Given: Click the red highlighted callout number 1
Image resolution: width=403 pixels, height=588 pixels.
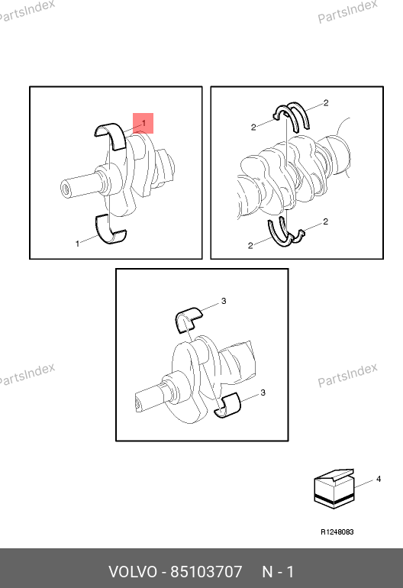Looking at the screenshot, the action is [x=143, y=123].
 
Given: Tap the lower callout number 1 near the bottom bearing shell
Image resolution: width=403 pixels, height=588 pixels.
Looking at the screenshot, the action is [x=78, y=244].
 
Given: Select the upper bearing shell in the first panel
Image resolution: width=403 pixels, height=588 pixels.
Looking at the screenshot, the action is [x=111, y=136].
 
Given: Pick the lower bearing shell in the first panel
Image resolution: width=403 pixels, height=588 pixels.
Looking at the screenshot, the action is [x=110, y=230].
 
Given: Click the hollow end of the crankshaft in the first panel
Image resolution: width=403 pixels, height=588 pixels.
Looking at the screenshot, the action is [x=66, y=189].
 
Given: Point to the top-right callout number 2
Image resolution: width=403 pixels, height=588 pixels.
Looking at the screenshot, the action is [x=326, y=103].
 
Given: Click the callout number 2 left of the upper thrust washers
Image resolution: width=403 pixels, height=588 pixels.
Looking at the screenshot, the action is [x=253, y=128].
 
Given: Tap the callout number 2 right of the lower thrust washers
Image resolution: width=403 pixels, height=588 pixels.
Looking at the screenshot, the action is [x=325, y=221].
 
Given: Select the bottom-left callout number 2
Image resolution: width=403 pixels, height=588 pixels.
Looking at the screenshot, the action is [x=250, y=246].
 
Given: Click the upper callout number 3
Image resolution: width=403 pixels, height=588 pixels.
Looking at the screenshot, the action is [x=224, y=301].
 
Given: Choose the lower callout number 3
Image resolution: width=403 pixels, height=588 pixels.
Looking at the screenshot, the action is [x=263, y=393].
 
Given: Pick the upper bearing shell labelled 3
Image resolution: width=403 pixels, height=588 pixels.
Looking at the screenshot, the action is [x=189, y=319].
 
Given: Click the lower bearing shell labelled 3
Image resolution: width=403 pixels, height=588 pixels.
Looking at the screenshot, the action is [x=227, y=405].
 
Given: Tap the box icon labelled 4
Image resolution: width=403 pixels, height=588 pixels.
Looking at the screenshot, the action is [x=334, y=489].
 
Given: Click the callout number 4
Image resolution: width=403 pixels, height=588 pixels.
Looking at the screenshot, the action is [x=379, y=479].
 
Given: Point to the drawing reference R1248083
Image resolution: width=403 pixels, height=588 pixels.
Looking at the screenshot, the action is [x=337, y=531].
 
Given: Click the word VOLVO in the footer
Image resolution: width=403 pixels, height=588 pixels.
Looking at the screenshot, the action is [x=133, y=572].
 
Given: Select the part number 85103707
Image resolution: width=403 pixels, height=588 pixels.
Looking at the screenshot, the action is [x=207, y=572].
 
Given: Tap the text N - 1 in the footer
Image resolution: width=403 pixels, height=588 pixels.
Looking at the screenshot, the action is [x=278, y=572].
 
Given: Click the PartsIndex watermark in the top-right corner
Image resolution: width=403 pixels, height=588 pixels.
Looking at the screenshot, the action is [x=347, y=11].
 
